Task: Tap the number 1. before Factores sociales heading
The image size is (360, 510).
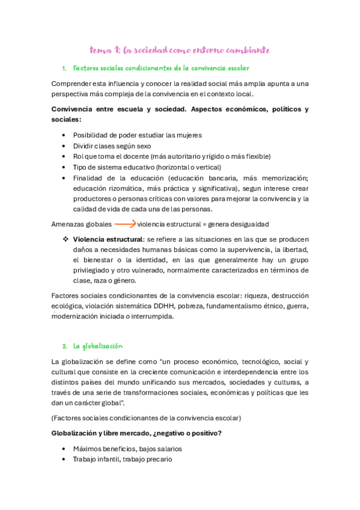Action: click(64, 69)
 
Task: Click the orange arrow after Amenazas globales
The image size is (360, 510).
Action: click(125, 224)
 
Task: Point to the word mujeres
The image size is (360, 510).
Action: click(188, 135)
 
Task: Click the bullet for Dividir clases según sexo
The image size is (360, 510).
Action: click(64, 146)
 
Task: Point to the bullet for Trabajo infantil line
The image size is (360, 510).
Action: click(64, 459)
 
